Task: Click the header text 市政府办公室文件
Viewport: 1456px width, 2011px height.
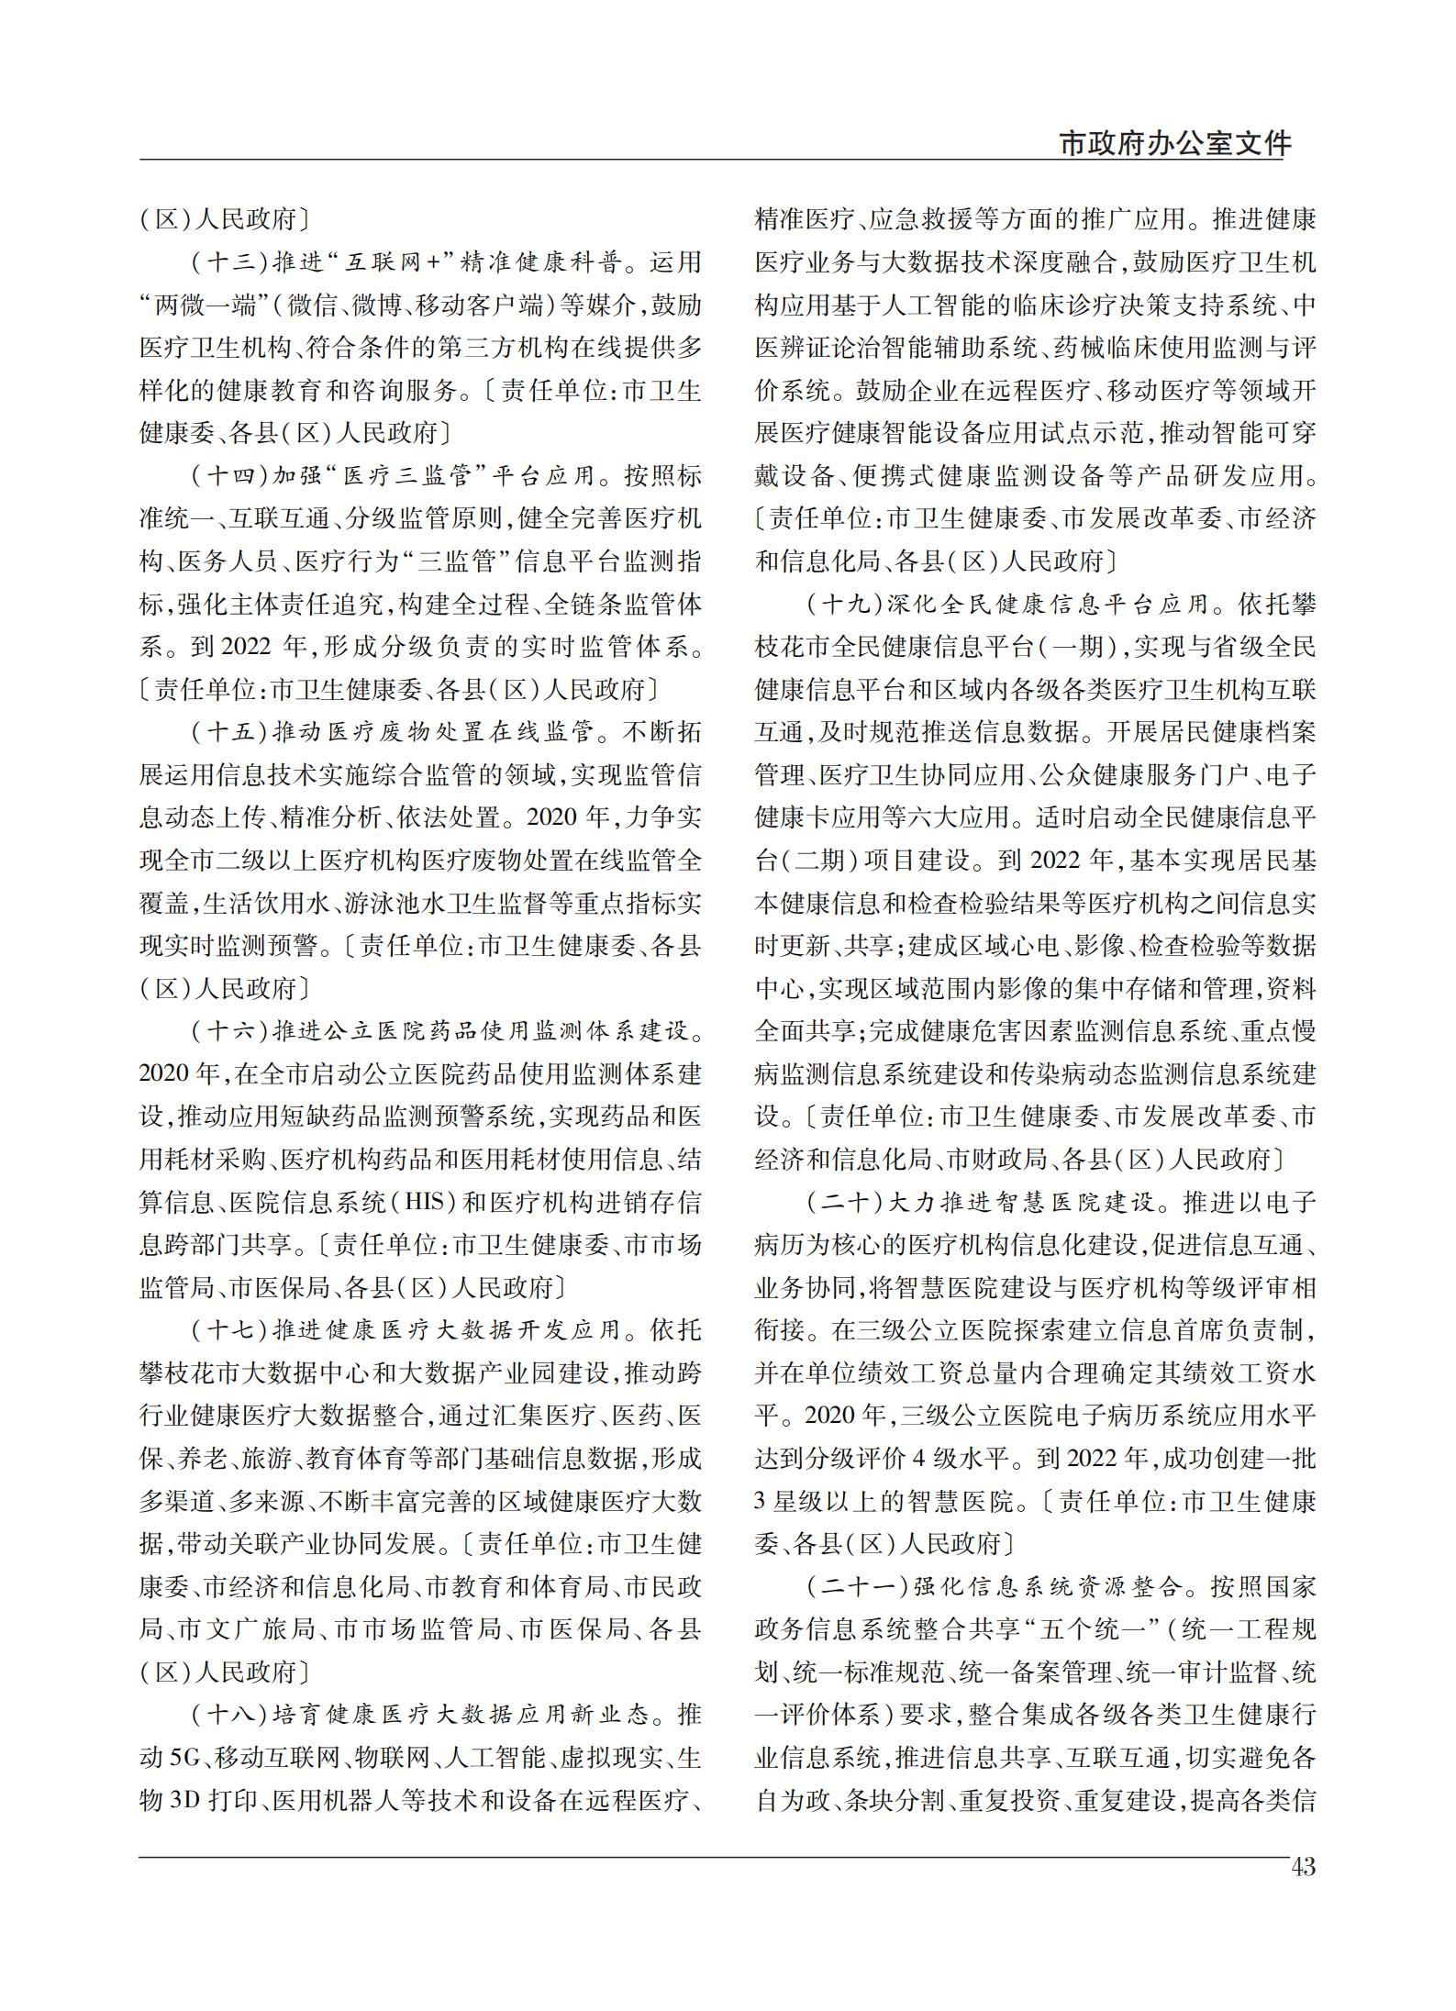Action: click(x=1175, y=143)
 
